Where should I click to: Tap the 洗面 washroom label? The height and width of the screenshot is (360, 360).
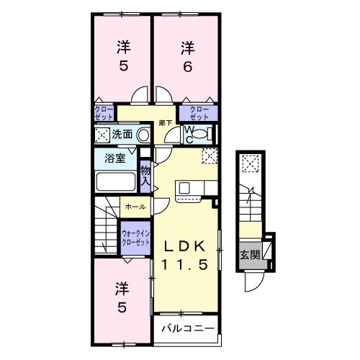click(x=122, y=134)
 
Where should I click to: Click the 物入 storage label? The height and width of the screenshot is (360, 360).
click(x=145, y=175)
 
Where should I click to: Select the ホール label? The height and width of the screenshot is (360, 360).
click(x=135, y=207)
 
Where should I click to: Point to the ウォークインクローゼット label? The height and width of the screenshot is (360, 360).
click(x=135, y=238)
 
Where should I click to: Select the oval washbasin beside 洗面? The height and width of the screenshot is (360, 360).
click(x=143, y=134)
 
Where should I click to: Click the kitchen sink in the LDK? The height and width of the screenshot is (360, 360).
click(x=184, y=188)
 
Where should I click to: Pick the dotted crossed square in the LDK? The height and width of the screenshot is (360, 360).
click(x=209, y=154)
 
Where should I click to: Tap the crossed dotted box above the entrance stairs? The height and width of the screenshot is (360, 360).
click(x=249, y=164)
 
